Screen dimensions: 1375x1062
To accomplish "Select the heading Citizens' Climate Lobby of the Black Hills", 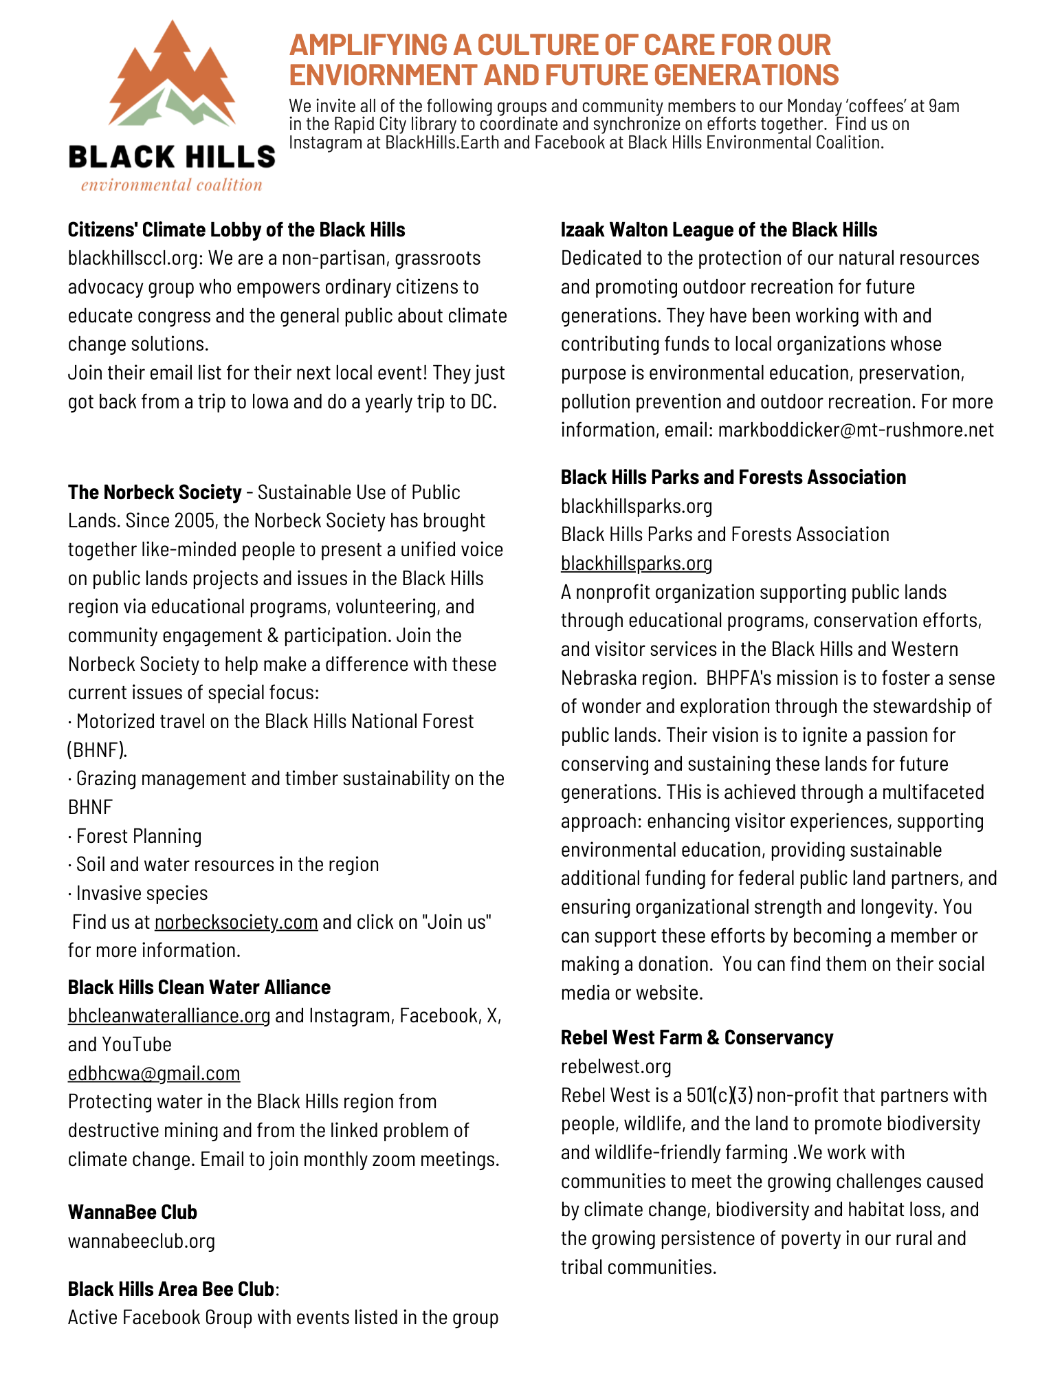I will point(236,230).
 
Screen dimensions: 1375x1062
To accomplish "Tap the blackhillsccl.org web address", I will point(136,258).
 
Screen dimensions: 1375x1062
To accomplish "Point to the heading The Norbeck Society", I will point(155,492).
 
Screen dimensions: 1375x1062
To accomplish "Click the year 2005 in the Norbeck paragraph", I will point(197,521).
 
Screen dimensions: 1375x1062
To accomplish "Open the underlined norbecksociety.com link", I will point(236,922).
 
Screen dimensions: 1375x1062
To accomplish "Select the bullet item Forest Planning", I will point(138,836).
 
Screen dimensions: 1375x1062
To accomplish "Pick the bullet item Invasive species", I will point(142,893).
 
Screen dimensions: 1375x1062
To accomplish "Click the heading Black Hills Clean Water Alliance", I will point(199,987).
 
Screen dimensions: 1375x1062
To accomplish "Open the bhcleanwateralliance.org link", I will point(169,1015).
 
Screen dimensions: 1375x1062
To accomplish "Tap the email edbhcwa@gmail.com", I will point(154,1073).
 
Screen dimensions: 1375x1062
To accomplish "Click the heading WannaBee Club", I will point(133,1212).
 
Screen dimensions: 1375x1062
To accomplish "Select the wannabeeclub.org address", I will point(142,1241).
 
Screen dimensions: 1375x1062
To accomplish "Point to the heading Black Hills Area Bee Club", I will point(170,1289).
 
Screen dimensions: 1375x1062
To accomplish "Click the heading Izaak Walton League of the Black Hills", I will point(719,230).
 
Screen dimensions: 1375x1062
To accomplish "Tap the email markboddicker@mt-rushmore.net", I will point(856,430).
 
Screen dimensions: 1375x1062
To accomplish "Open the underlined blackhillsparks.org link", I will point(637,563).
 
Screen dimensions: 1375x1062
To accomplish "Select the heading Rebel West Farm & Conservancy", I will point(697,1037).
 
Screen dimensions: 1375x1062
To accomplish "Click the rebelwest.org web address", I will point(616,1066).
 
